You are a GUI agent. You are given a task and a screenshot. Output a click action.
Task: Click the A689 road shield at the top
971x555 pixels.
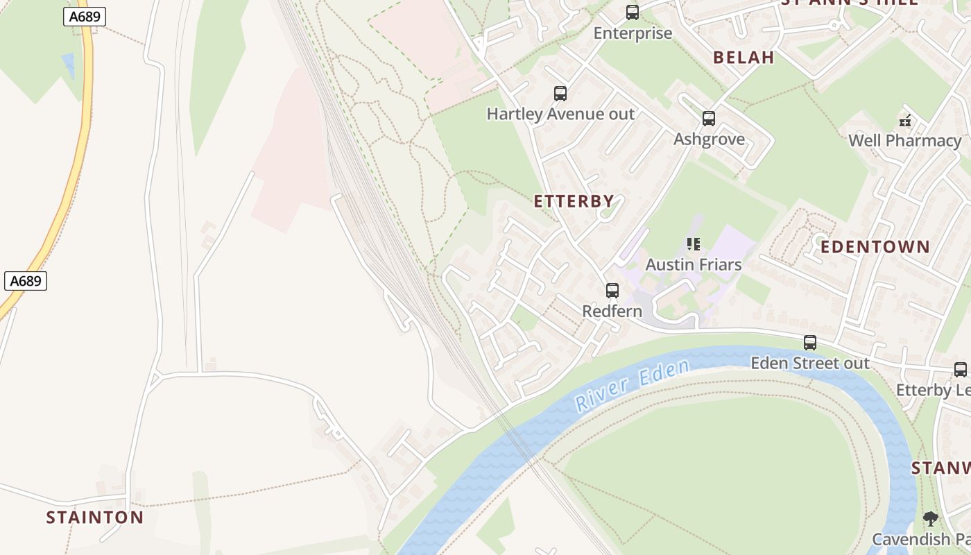point(85,17)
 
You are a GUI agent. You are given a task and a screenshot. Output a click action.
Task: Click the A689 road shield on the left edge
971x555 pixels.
point(26,281)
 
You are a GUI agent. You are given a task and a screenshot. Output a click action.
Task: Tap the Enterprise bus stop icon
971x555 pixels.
point(633,12)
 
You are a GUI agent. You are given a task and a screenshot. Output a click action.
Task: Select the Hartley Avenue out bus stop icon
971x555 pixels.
point(560,94)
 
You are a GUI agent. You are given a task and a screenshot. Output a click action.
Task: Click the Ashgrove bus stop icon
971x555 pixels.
point(708,119)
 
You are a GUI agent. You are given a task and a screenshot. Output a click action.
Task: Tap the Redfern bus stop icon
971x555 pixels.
point(612,291)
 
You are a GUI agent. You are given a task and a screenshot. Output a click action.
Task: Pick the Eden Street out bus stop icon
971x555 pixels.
point(809,343)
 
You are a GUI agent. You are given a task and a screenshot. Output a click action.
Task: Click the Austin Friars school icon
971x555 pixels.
point(694,244)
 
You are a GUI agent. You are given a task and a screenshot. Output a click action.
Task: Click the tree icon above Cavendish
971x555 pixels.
point(931,519)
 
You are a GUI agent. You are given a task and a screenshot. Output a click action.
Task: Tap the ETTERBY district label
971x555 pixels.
point(574,202)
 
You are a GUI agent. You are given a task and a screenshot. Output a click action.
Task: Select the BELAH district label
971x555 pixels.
point(744,58)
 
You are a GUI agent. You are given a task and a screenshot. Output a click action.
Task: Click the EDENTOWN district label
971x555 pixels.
point(875,247)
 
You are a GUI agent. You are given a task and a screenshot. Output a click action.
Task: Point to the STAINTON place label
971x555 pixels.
point(95,518)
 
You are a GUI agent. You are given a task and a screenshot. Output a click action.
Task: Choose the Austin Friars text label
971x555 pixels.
point(694,264)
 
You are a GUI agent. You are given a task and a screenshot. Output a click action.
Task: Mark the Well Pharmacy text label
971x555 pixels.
point(904,141)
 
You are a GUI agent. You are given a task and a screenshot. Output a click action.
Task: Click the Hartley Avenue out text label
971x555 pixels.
point(560,114)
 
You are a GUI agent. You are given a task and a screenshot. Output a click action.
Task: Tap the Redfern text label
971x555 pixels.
point(612,311)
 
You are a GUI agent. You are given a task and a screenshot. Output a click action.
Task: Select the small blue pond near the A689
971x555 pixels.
point(68,65)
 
